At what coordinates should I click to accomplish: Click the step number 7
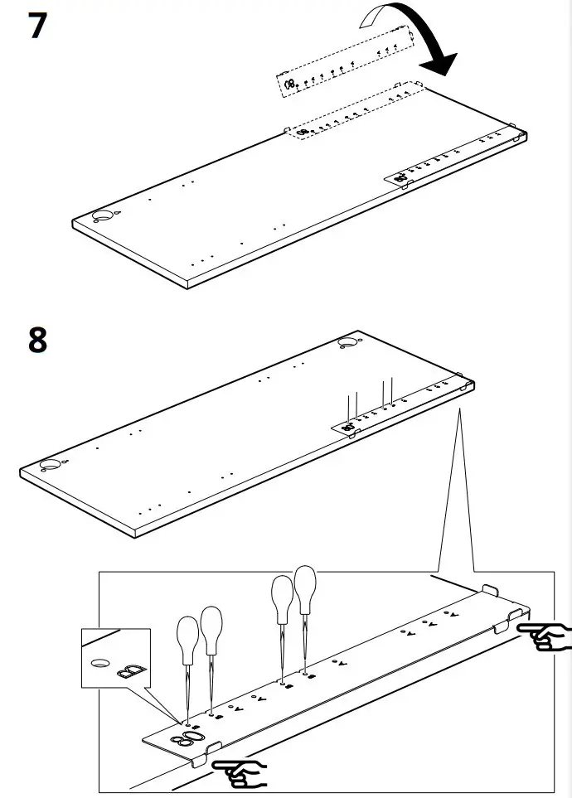point(37,27)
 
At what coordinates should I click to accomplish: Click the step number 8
point(37,340)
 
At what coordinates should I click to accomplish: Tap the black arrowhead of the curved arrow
point(440,63)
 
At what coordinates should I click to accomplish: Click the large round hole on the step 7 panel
point(103,215)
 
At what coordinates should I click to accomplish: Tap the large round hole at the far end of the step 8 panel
point(347,342)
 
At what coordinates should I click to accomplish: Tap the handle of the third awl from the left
point(283,595)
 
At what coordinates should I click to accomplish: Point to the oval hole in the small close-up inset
point(99,663)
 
